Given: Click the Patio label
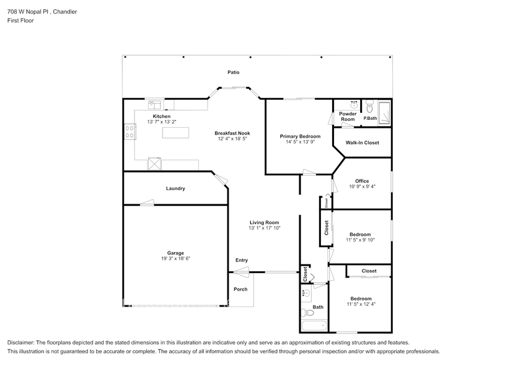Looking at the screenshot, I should coord(233,73).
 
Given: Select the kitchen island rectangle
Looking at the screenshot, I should coord(177,132).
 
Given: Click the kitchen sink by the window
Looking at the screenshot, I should coord(154,104).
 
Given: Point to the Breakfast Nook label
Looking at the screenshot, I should coord(232,133).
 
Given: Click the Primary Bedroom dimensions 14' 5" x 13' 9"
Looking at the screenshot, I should coord(300,142).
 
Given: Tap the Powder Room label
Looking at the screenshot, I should coord(348,117).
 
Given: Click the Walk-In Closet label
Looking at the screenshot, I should coord(362,143).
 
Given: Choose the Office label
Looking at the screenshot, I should coord(362,181).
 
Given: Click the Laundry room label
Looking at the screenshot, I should coord(175,189).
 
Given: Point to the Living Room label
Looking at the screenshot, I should coord(265,222).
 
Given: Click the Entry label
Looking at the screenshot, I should coord(242,260).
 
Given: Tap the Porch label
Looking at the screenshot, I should coord(240,289).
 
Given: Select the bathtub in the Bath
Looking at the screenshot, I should coord(314,325).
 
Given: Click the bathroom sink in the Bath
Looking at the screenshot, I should coord(306,293).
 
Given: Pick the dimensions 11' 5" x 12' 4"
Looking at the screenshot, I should coord(361,304).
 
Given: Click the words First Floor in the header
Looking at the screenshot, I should coord(21,20).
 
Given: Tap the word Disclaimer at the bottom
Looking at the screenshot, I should coord(21,343).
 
